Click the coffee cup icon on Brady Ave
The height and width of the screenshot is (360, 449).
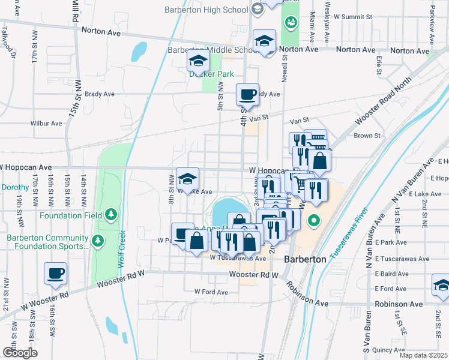(247, 95)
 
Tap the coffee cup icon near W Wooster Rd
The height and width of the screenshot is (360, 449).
(56, 273)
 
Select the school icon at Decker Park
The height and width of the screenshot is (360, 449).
(198, 61)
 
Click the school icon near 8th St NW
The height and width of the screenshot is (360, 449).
(187, 178)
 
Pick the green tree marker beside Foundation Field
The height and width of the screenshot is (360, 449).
(109, 214)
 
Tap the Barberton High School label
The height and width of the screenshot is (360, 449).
(206, 10)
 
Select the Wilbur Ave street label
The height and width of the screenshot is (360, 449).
(46, 124)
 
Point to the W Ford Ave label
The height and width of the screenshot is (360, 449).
(211, 292)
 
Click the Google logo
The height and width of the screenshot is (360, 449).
(19, 352)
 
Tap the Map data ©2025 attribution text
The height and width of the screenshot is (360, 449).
(423, 355)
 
